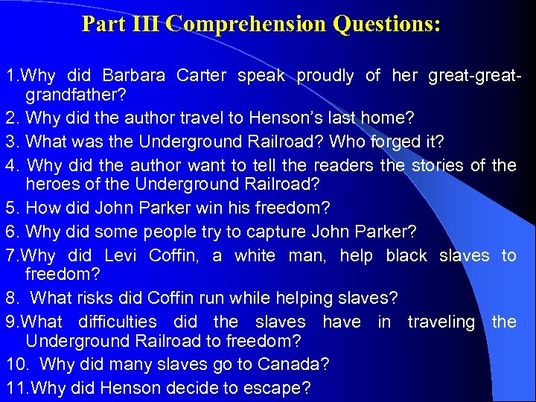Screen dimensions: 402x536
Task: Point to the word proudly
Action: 325,75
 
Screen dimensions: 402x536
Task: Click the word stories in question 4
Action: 438,165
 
